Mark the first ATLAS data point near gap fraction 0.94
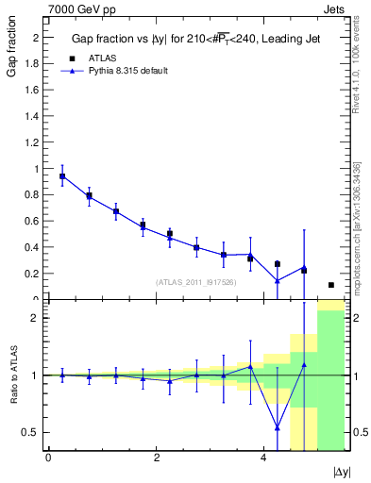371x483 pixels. [62, 176]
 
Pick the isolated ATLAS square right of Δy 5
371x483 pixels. [330, 285]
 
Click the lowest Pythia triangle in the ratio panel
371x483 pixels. [277, 427]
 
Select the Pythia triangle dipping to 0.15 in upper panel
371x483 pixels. [277, 280]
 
